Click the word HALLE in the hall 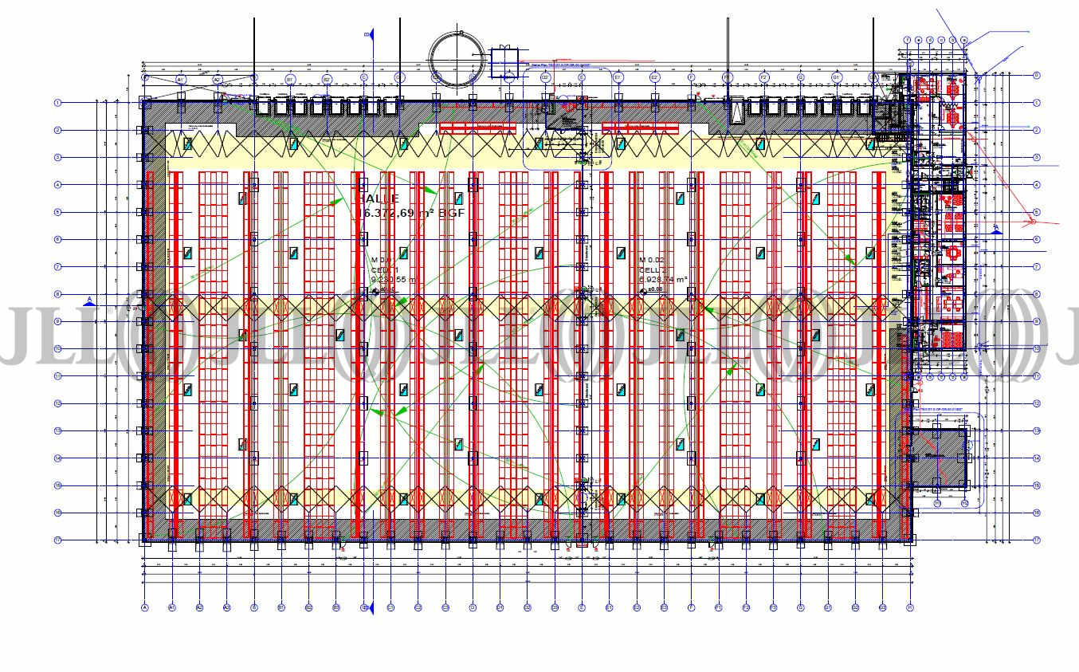377,198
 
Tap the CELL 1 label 384,270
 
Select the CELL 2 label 653,270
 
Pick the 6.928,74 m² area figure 663,280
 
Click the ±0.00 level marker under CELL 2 653,290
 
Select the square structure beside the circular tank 504,61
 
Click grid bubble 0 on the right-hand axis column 1036,76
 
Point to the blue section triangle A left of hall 90,301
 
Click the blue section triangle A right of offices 996,229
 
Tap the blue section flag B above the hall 370,34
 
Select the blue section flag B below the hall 367,607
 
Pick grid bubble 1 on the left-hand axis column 57,103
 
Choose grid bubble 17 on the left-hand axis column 57,540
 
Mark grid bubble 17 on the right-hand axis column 1036,540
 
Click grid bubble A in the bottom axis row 145,607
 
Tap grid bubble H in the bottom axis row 909,607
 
